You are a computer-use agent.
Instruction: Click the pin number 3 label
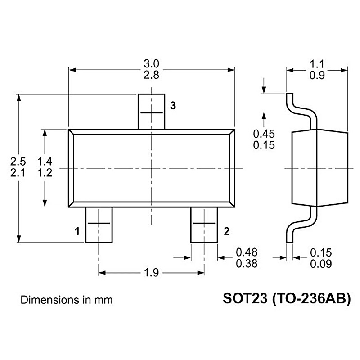(x=173, y=106)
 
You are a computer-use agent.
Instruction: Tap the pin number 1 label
(x=77, y=231)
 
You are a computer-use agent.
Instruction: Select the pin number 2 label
(x=226, y=231)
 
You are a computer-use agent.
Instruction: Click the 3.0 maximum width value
(x=151, y=63)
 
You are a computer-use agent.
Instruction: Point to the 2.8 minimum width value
(x=151, y=75)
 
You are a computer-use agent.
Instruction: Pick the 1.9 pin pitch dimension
(x=151, y=273)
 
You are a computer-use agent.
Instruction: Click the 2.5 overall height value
(x=18, y=162)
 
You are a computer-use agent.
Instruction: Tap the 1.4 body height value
(x=45, y=162)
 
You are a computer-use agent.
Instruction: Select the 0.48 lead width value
(x=247, y=252)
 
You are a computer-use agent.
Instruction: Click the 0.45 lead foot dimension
(x=264, y=134)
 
